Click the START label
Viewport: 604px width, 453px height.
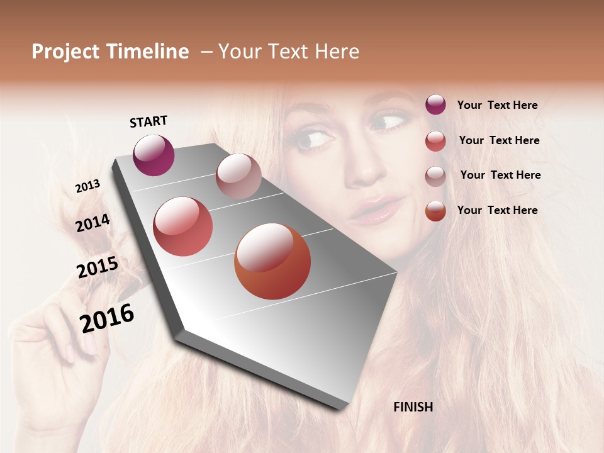point(148,121)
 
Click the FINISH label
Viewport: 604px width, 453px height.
point(413,407)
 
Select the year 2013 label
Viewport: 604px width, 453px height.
point(87,186)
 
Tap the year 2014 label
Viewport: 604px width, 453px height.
point(92,223)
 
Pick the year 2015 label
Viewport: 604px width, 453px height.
point(98,267)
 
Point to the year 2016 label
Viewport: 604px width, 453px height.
point(107,318)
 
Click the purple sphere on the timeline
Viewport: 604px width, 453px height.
point(154,155)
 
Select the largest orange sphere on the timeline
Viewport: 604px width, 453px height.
point(272,261)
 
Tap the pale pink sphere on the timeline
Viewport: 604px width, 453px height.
point(238,176)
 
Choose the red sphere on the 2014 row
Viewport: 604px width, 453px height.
point(182,226)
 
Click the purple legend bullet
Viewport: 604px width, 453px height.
point(435,104)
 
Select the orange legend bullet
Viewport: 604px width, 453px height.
point(435,210)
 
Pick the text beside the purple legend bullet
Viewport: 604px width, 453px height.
point(497,105)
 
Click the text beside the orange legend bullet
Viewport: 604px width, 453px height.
point(497,210)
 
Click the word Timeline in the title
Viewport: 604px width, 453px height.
point(148,52)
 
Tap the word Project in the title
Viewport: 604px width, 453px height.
point(66,52)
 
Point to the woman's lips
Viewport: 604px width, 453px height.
point(376,210)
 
